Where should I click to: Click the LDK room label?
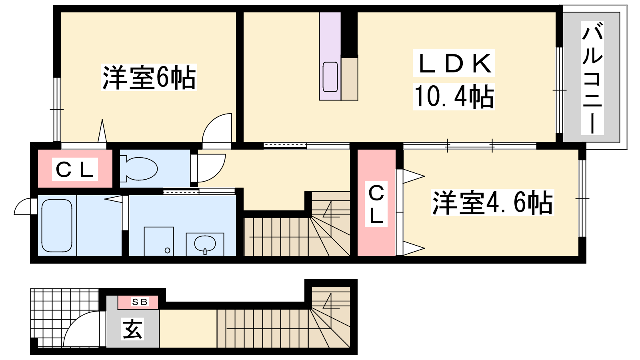coord(454,63)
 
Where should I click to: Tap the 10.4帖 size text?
coord(454,96)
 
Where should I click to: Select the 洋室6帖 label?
coord(149,78)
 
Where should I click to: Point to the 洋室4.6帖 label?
coord(492,202)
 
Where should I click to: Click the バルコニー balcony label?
coord(592,78)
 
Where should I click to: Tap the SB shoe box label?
coord(140,302)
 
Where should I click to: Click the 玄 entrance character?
coord(132,329)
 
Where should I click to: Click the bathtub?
coord(57,226)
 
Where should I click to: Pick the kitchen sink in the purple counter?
coord(330,76)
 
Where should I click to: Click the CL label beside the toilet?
coord(75,170)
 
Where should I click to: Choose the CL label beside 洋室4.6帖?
coord(376,204)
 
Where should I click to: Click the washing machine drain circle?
coord(168,250)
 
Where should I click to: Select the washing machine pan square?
coord(159,242)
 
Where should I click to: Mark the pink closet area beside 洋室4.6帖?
coord(376,202)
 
